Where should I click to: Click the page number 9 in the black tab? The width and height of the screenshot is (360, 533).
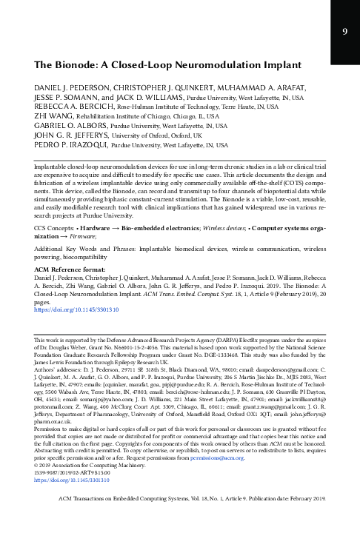tap(344, 31)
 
